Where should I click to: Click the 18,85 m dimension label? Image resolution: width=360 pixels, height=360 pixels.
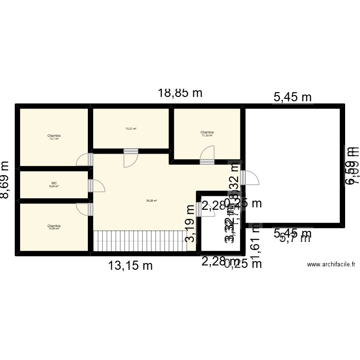pyautogui.click(x=180, y=93)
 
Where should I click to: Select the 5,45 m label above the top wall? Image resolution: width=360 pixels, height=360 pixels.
pyautogui.click(x=292, y=97)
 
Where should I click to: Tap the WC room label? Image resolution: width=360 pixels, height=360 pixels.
pyautogui.click(x=54, y=184)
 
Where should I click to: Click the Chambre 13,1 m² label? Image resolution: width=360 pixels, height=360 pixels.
pyautogui.click(x=54, y=137)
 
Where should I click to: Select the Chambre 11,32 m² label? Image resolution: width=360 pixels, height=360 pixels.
pyautogui.click(x=207, y=133)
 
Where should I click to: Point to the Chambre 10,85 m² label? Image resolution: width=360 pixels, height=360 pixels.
pyautogui.click(x=54, y=227)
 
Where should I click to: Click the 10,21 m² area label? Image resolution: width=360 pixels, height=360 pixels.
pyautogui.click(x=131, y=129)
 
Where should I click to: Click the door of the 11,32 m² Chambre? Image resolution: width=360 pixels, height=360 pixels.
pyautogui.click(x=207, y=155)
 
